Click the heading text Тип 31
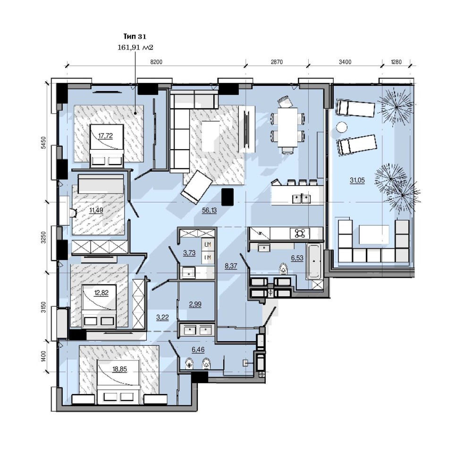(x=135, y=36)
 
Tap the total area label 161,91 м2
(x=135, y=47)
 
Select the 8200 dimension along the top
(x=156, y=62)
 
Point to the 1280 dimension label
(x=396, y=62)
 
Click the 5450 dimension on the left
(x=43, y=142)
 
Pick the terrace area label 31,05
(x=357, y=181)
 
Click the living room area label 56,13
(x=209, y=210)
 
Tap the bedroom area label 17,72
(x=105, y=136)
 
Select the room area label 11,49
(x=96, y=210)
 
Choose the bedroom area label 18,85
(x=119, y=369)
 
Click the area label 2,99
(x=195, y=304)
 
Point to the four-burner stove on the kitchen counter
(x=300, y=233)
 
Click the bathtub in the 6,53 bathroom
(x=313, y=261)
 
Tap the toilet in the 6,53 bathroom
(x=283, y=268)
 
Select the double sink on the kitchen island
(x=301, y=199)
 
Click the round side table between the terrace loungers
(x=341, y=127)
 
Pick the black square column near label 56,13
(x=228, y=197)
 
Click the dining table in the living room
(x=287, y=127)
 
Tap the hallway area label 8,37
(x=231, y=266)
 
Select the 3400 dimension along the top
(x=345, y=62)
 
